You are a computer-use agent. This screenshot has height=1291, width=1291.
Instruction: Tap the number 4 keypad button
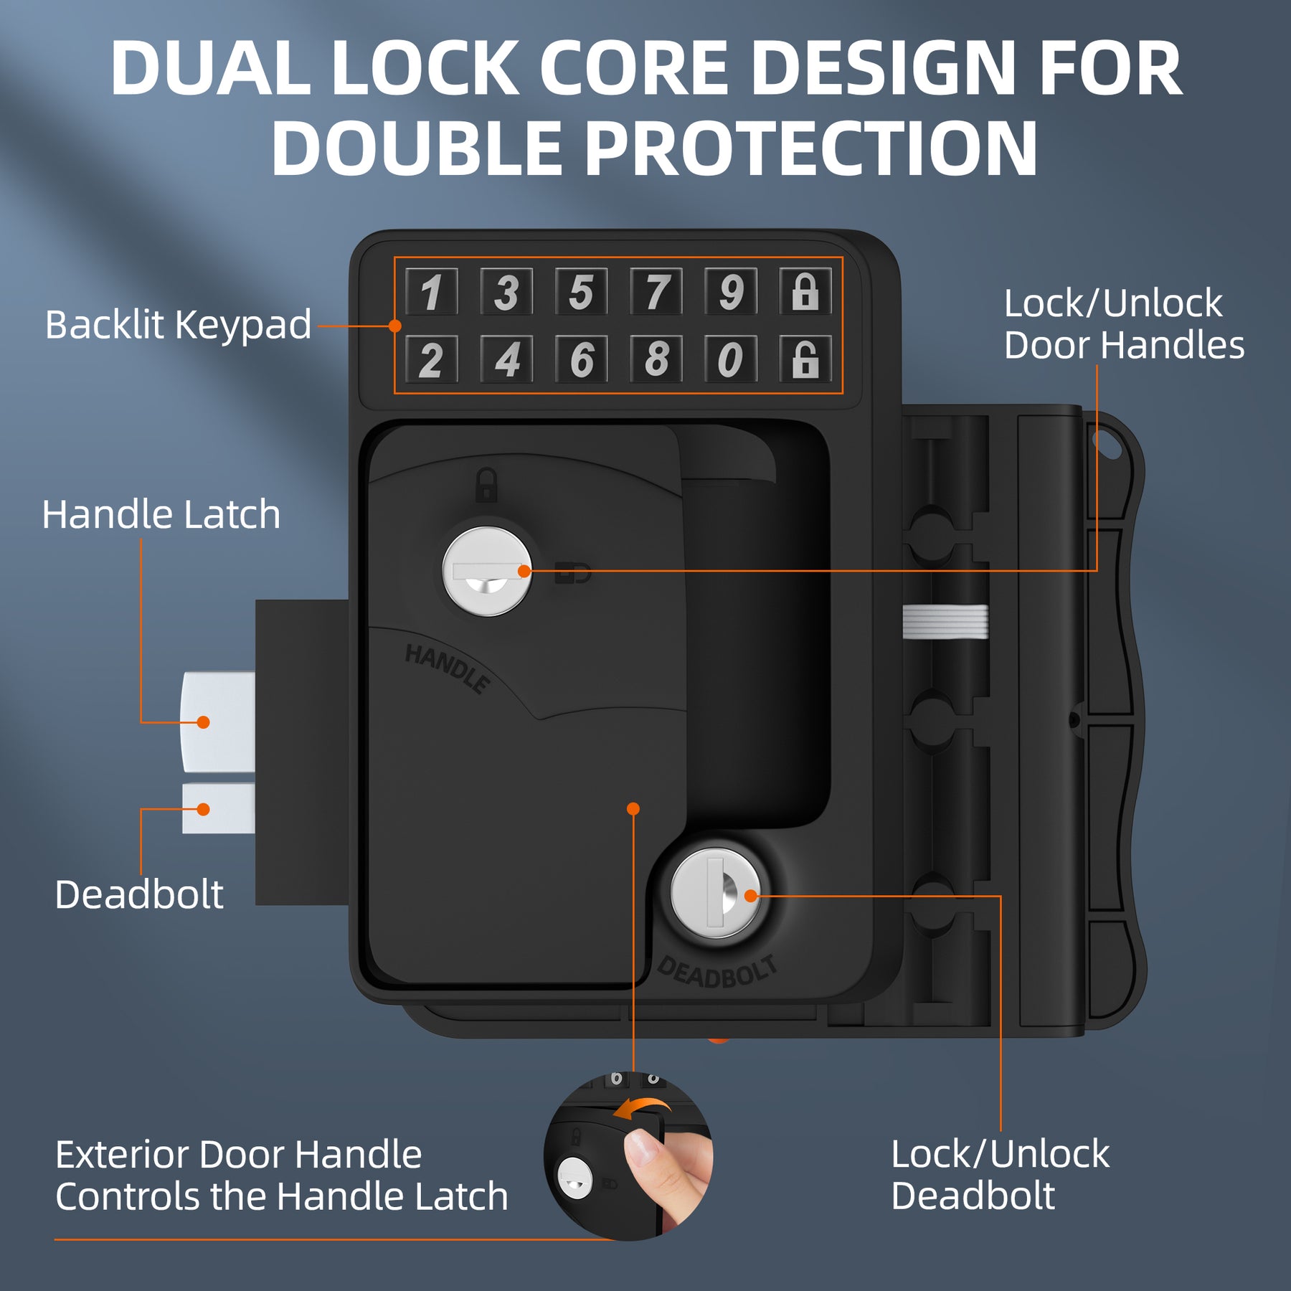pyautogui.click(x=506, y=359)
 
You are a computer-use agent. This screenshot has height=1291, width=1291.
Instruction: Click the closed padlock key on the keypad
pyautogui.click(x=805, y=291)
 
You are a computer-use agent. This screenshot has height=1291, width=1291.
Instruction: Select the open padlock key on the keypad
pyautogui.click(x=805, y=359)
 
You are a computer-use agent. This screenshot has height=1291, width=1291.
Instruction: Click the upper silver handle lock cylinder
pyautogui.click(x=487, y=572)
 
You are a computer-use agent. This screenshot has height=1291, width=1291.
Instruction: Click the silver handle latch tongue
pyautogui.click(x=218, y=722)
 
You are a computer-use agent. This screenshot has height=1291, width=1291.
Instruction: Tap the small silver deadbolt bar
pyautogui.click(x=218, y=809)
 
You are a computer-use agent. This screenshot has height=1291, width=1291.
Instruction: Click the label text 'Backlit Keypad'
pyautogui.click(x=178, y=325)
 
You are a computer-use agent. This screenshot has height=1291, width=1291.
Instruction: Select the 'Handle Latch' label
pyautogui.click(x=161, y=515)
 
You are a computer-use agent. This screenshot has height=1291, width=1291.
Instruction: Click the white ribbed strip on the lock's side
pyautogui.click(x=945, y=621)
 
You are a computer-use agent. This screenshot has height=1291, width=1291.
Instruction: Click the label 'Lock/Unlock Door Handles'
pyautogui.click(x=1123, y=324)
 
